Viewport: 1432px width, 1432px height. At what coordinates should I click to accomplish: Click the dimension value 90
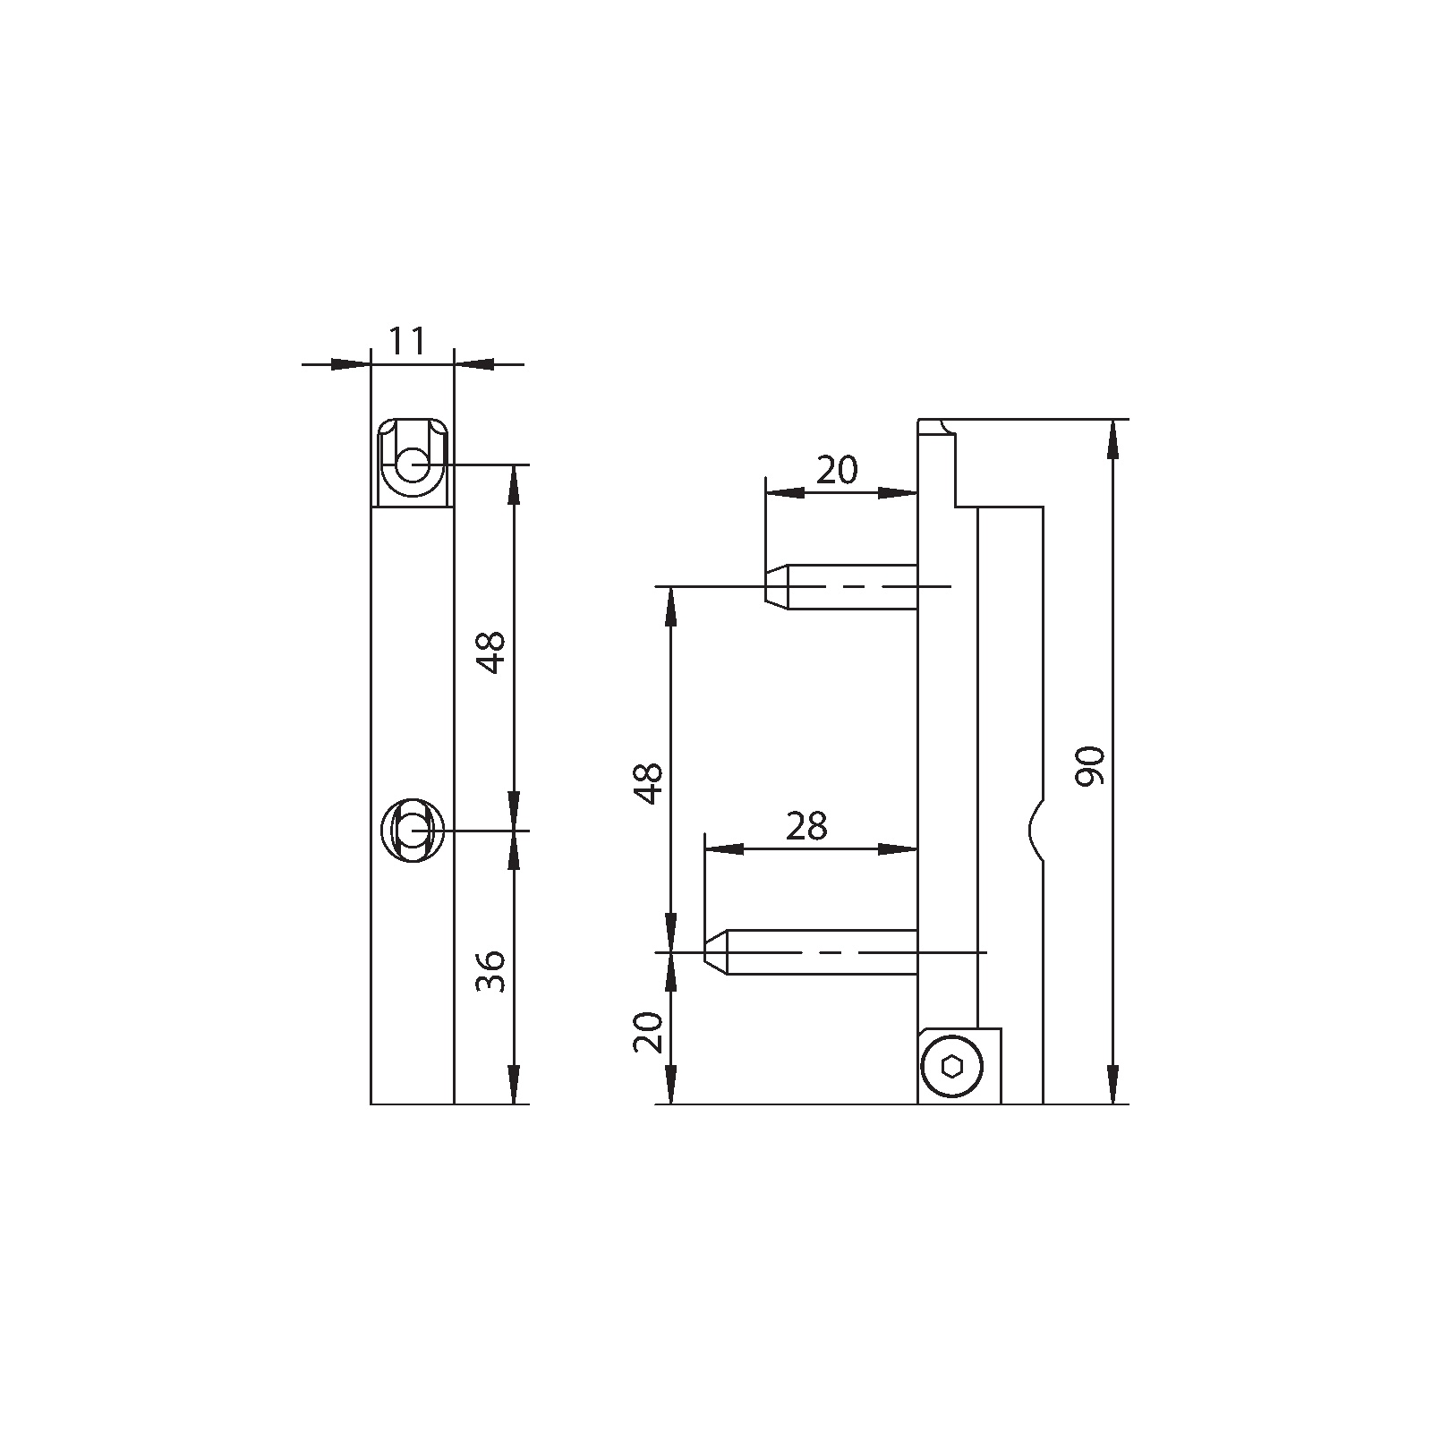click(x=1091, y=766)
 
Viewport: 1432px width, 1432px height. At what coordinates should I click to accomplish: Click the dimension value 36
click(x=490, y=971)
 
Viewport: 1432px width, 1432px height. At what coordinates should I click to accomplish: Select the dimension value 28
click(x=806, y=827)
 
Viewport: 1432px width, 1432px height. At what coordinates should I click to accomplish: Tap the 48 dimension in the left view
click(x=490, y=652)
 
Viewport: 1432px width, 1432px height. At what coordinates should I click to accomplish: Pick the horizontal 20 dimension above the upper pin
click(x=837, y=469)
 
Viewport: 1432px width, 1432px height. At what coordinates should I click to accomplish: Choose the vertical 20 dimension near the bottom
click(x=648, y=1032)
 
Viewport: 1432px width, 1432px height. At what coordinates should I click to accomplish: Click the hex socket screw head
click(x=953, y=1066)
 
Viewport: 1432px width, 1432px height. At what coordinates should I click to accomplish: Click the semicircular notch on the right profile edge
click(x=1036, y=828)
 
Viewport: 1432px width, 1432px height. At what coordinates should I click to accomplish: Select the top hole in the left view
click(x=413, y=465)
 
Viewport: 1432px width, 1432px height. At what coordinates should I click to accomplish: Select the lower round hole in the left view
click(x=412, y=831)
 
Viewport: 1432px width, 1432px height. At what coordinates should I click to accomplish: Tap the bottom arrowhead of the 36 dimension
click(x=513, y=1087)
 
